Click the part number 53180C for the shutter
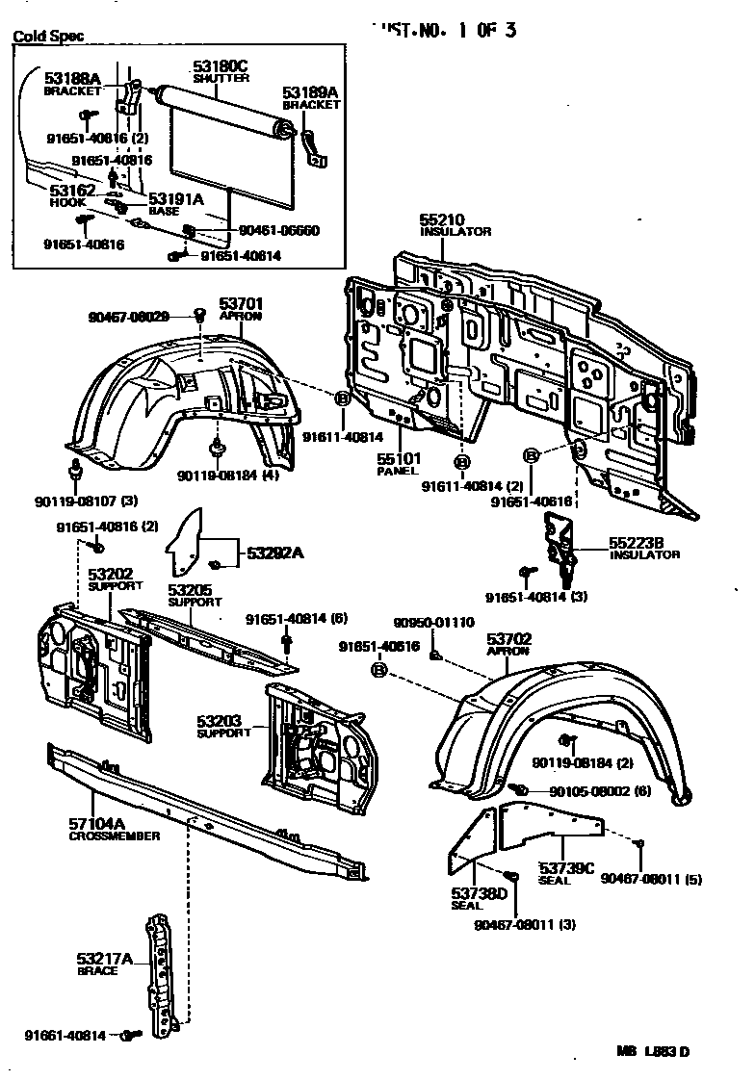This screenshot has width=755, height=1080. tap(221, 65)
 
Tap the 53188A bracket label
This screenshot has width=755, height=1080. tap(72, 79)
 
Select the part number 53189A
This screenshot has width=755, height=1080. tap(310, 92)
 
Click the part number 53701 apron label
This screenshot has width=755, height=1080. tap(240, 303)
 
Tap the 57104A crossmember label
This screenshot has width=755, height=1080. tap(98, 824)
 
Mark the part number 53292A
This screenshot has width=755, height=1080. tap(274, 553)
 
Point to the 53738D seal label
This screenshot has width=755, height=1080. tap(479, 894)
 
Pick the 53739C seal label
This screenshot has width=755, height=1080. tap(566, 867)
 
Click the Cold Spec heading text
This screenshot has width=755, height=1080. tap(47, 36)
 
